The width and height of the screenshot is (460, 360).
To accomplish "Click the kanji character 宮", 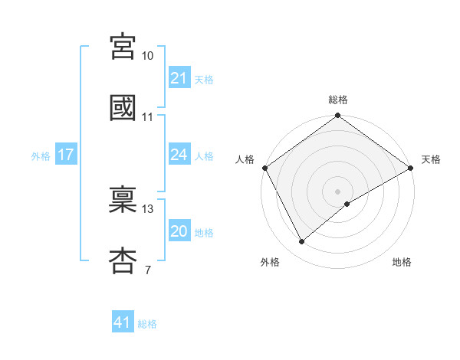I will (123, 47).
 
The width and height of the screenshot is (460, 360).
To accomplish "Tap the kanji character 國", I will (123, 107).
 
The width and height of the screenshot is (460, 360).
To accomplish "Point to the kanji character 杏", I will (123, 260).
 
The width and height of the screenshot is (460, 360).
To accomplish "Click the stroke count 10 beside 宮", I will (148, 56).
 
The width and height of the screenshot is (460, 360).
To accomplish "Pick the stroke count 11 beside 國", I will (148, 117).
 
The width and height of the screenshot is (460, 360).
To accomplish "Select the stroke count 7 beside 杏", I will (147, 270).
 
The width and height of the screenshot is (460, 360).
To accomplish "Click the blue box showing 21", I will (179, 78).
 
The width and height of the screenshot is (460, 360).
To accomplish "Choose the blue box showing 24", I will (179, 155).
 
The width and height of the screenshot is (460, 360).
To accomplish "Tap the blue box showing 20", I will (179, 231).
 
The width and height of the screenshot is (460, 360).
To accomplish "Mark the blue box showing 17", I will (66, 155).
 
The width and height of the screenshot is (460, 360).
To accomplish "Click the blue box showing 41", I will (123, 322).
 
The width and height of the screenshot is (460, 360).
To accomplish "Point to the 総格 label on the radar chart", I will (337, 100).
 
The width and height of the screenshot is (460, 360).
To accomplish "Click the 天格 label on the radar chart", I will (431, 159).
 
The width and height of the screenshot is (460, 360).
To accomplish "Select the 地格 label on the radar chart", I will (402, 262).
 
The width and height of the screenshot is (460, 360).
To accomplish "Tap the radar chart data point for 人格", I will (264, 167).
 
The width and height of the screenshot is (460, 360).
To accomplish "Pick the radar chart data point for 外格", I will (301, 241).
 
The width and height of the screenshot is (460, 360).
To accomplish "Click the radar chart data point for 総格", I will (337, 116).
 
